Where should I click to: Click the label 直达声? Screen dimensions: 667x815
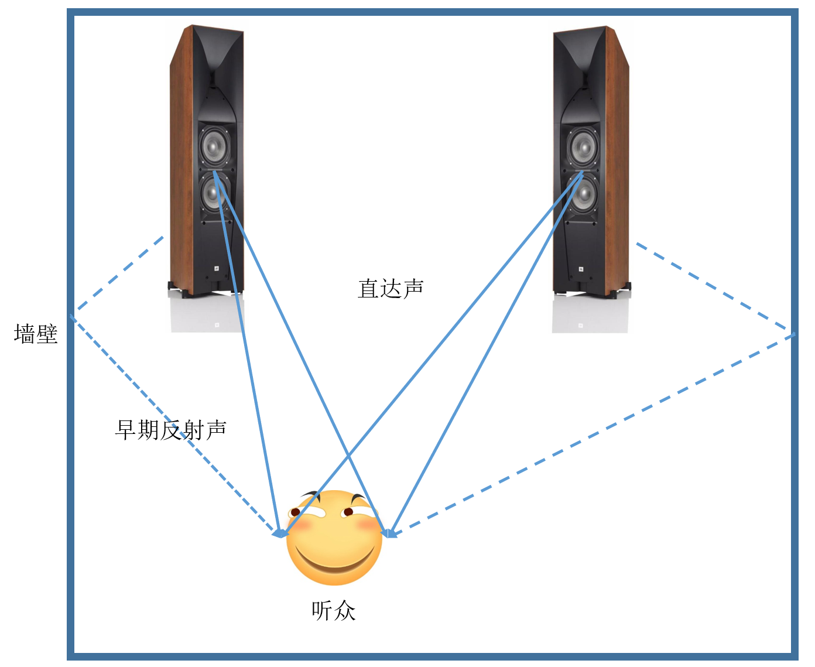click(x=391, y=289)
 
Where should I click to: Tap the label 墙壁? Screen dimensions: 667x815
click(x=36, y=334)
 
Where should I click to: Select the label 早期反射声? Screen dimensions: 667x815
click(x=170, y=430)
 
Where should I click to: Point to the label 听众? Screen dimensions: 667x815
click(x=333, y=610)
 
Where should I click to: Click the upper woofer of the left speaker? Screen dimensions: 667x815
click(x=215, y=145)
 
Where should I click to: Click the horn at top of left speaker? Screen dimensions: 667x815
click(x=217, y=59)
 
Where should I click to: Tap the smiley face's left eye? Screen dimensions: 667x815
click(x=296, y=512)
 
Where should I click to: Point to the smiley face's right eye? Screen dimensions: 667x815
click(x=348, y=512)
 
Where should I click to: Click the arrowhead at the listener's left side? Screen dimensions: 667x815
click(x=280, y=533)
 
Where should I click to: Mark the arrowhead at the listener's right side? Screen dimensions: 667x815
click(x=389, y=532)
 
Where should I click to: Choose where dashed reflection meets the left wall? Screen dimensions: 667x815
click(x=73, y=315)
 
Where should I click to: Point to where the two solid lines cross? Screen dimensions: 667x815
click(x=348, y=455)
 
